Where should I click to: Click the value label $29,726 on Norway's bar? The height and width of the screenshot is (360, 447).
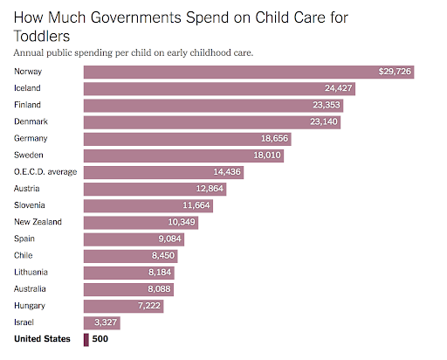pos(394,72)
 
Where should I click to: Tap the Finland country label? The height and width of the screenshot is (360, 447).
pos(29,105)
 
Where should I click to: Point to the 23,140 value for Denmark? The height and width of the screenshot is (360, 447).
pos(321,121)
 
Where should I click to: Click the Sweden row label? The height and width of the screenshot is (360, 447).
pos(29,155)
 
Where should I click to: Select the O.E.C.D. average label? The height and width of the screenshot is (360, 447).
pos(45,171)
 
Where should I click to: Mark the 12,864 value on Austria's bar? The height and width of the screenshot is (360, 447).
pos(206,188)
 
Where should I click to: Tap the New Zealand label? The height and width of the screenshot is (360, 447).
pos(38,222)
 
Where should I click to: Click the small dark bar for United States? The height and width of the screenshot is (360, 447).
pos(86,339)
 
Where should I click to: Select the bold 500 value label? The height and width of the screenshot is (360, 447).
pos(100,339)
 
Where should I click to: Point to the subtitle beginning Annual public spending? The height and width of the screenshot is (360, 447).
pos(134,52)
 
